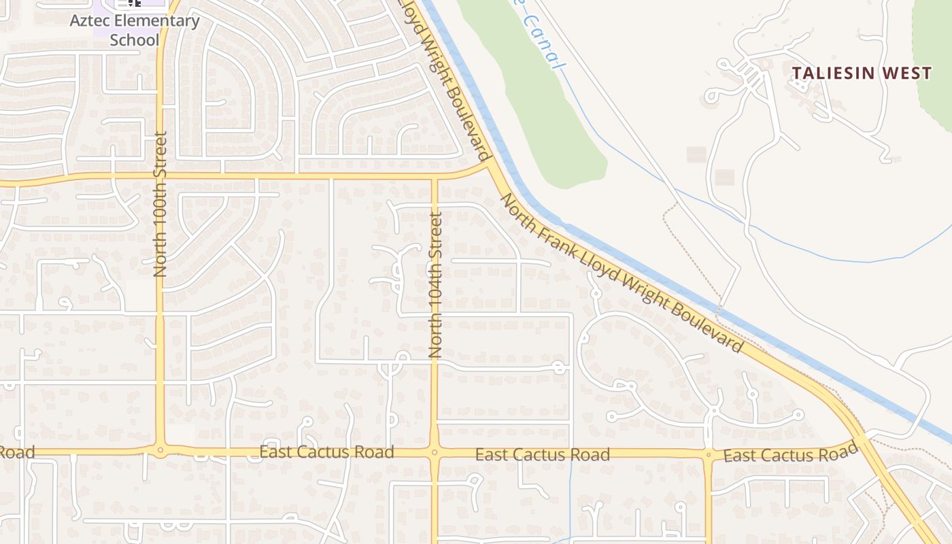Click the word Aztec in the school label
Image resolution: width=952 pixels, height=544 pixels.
(x=87, y=20)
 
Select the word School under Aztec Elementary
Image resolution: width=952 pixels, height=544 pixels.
(x=135, y=39)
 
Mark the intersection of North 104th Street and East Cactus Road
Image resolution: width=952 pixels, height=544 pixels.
(x=435, y=452)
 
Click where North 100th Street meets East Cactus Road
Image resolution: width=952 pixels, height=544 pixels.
(x=160, y=449)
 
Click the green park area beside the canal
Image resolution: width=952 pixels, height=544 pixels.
(x=551, y=116)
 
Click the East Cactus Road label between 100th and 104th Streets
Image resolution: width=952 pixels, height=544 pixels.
(x=326, y=452)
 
